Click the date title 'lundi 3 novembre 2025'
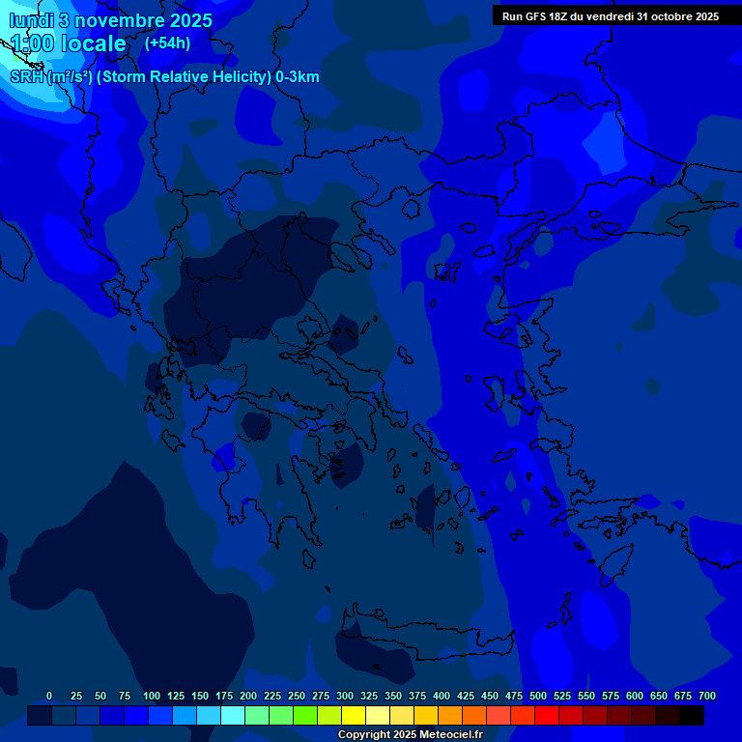[x=111, y=20]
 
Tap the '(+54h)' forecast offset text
[x=167, y=43]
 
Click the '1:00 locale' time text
[x=69, y=43]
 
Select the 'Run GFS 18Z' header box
[x=610, y=15]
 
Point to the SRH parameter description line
[x=164, y=77]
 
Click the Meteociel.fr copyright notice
[x=410, y=735]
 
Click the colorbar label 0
[x=49, y=696]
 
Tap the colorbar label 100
[x=152, y=696]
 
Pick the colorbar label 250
[x=297, y=696]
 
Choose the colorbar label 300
[x=345, y=696]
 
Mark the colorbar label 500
[x=538, y=696]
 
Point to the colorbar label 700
[x=707, y=696]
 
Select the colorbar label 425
[x=466, y=696]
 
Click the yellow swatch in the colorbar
[x=354, y=716]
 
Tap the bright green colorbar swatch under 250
[x=305, y=716]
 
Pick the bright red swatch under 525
[x=547, y=716]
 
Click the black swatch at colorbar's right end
[x=692, y=716]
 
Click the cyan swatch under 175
[x=233, y=716]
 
